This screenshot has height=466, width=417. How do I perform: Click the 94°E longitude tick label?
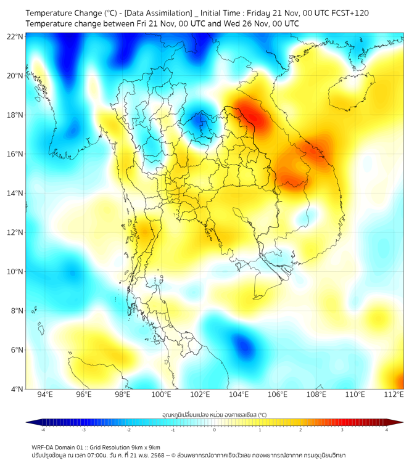point(45,394)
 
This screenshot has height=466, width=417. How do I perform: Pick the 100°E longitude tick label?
point(161,394)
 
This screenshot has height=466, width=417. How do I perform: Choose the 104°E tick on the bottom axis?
point(239,394)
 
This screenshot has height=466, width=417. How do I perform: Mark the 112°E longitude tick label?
point(394,394)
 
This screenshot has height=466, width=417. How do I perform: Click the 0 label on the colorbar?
point(214,429)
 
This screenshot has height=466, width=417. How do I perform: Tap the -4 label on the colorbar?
point(42,429)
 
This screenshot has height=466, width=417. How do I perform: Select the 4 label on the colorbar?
point(387,429)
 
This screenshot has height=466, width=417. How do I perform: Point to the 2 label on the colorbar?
point(300,429)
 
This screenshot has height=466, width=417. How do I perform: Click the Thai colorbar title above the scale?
point(214,415)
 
